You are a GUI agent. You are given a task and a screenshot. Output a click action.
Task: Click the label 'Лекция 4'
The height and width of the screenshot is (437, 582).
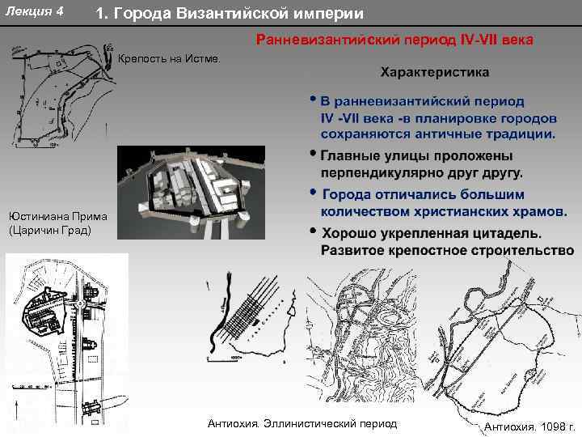point(35,11)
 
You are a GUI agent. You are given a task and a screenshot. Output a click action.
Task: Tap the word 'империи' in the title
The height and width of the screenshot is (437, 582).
point(327,14)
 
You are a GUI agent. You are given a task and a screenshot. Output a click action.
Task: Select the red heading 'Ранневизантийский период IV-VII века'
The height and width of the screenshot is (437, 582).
point(394,39)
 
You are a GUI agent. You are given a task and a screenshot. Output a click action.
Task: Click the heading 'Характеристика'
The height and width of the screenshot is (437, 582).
point(434,72)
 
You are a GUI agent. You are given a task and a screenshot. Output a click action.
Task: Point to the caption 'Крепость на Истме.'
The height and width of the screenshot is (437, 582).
point(168,59)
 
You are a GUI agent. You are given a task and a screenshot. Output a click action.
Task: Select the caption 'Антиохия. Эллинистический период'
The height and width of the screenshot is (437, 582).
point(302,424)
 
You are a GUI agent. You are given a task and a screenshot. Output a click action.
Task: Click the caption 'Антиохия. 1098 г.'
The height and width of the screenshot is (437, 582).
point(529,426)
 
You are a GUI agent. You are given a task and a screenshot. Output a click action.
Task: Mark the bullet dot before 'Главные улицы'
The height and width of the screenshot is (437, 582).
point(313,155)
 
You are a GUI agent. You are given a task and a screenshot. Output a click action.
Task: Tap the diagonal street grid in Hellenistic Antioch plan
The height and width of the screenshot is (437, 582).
point(251,316)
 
